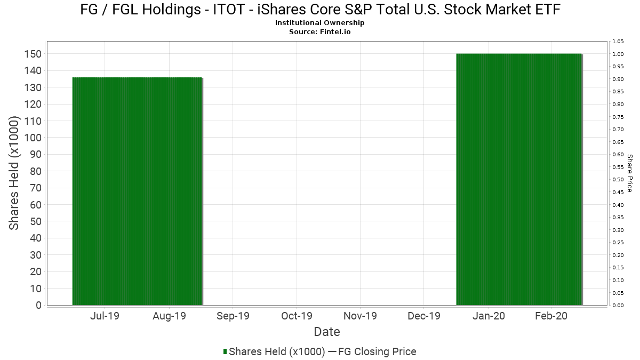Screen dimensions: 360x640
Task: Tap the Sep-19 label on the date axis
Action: click(233, 316)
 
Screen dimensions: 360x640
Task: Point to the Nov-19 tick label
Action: click(360, 316)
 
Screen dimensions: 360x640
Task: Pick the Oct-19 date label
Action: click(297, 316)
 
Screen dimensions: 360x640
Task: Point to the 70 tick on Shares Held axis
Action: click(35, 188)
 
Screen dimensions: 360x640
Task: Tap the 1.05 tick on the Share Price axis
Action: click(618, 42)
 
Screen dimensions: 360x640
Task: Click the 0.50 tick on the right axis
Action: click(618, 180)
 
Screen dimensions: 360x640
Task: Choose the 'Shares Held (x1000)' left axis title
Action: click(14, 174)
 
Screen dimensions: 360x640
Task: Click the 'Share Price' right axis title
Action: click(629, 173)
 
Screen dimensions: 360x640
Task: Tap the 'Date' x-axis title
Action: click(327, 332)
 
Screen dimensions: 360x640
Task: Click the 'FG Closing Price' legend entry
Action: click(378, 351)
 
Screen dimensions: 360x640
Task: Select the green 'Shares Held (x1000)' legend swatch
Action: click(225, 351)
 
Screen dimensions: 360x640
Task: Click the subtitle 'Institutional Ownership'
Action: click(320, 23)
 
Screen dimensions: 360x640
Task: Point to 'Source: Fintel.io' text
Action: click(320, 31)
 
